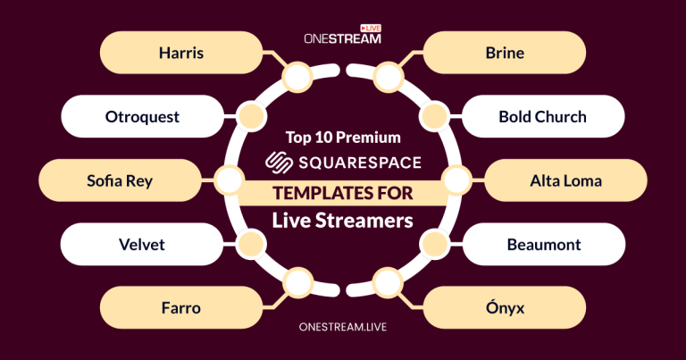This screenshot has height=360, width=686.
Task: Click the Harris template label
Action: [x=181, y=53]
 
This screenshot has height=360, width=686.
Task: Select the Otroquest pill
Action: [x=143, y=117]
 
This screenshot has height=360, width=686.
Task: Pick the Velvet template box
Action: [x=143, y=245]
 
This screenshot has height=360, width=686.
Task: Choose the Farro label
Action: [x=181, y=308]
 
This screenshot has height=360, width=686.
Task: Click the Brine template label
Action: [x=505, y=53]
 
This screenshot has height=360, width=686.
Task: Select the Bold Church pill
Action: [x=543, y=117]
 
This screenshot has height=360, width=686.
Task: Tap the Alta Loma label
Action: [x=565, y=181]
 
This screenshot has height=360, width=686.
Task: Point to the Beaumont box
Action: [x=543, y=245]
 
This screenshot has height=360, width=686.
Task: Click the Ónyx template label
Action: [x=505, y=308]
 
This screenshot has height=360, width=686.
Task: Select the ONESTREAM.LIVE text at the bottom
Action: [x=343, y=329]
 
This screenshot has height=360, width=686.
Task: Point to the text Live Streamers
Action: [x=343, y=220]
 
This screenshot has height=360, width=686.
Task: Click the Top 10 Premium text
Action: [x=343, y=138]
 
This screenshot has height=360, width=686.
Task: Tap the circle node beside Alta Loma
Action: [x=456, y=181]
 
